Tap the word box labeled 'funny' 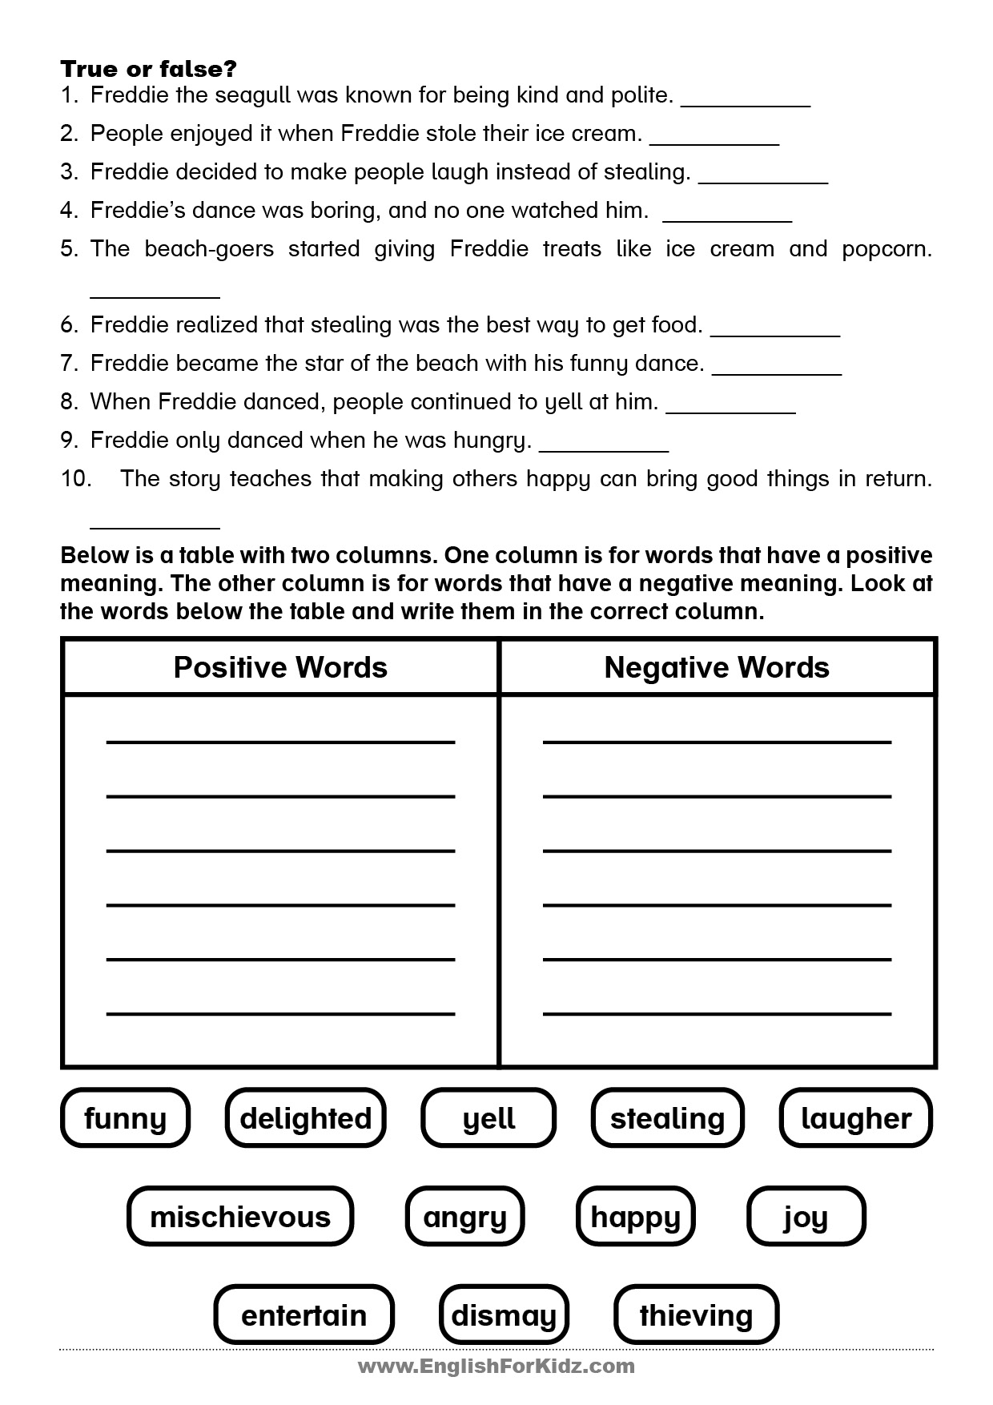coord(125,1117)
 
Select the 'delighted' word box coord(306,1117)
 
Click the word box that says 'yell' coord(488,1117)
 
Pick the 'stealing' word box coord(667,1117)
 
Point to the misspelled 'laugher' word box coord(856,1117)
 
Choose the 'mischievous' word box coord(240,1216)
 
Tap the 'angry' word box coord(464,1216)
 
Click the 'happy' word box coord(636,1216)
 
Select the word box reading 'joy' coord(806,1216)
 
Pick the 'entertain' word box coord(304,1314)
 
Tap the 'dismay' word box coord(504,1314)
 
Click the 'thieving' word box coord(696,1314)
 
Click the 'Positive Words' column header coord(280,667)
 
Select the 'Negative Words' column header coord(717,667)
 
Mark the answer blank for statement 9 coord(604,445)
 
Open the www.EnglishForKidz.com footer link coord(496,1366)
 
